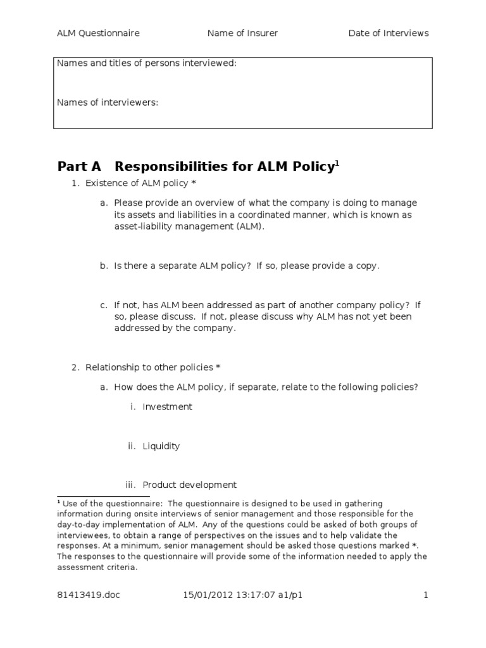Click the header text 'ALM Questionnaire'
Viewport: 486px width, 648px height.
(98, 33)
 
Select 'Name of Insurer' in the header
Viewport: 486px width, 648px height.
(242, 33)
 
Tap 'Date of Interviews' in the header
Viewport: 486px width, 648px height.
(388, 33)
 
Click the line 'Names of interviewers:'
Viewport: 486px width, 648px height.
(107, 102)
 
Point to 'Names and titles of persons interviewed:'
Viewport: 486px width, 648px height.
(147, 63)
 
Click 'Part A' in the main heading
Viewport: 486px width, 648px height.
(79, 166)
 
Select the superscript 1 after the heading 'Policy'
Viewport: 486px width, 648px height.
(337, 163)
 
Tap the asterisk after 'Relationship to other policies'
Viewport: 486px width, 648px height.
(218, 367)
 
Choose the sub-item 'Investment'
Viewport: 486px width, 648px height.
(167, 407)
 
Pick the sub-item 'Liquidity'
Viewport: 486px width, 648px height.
(161, 446)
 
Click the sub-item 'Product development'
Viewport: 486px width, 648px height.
(189, 485)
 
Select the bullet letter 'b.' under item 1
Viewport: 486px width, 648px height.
(104, 266)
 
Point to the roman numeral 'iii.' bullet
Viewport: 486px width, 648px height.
(131, 485)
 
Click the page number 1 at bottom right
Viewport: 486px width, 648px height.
(426, 594)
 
